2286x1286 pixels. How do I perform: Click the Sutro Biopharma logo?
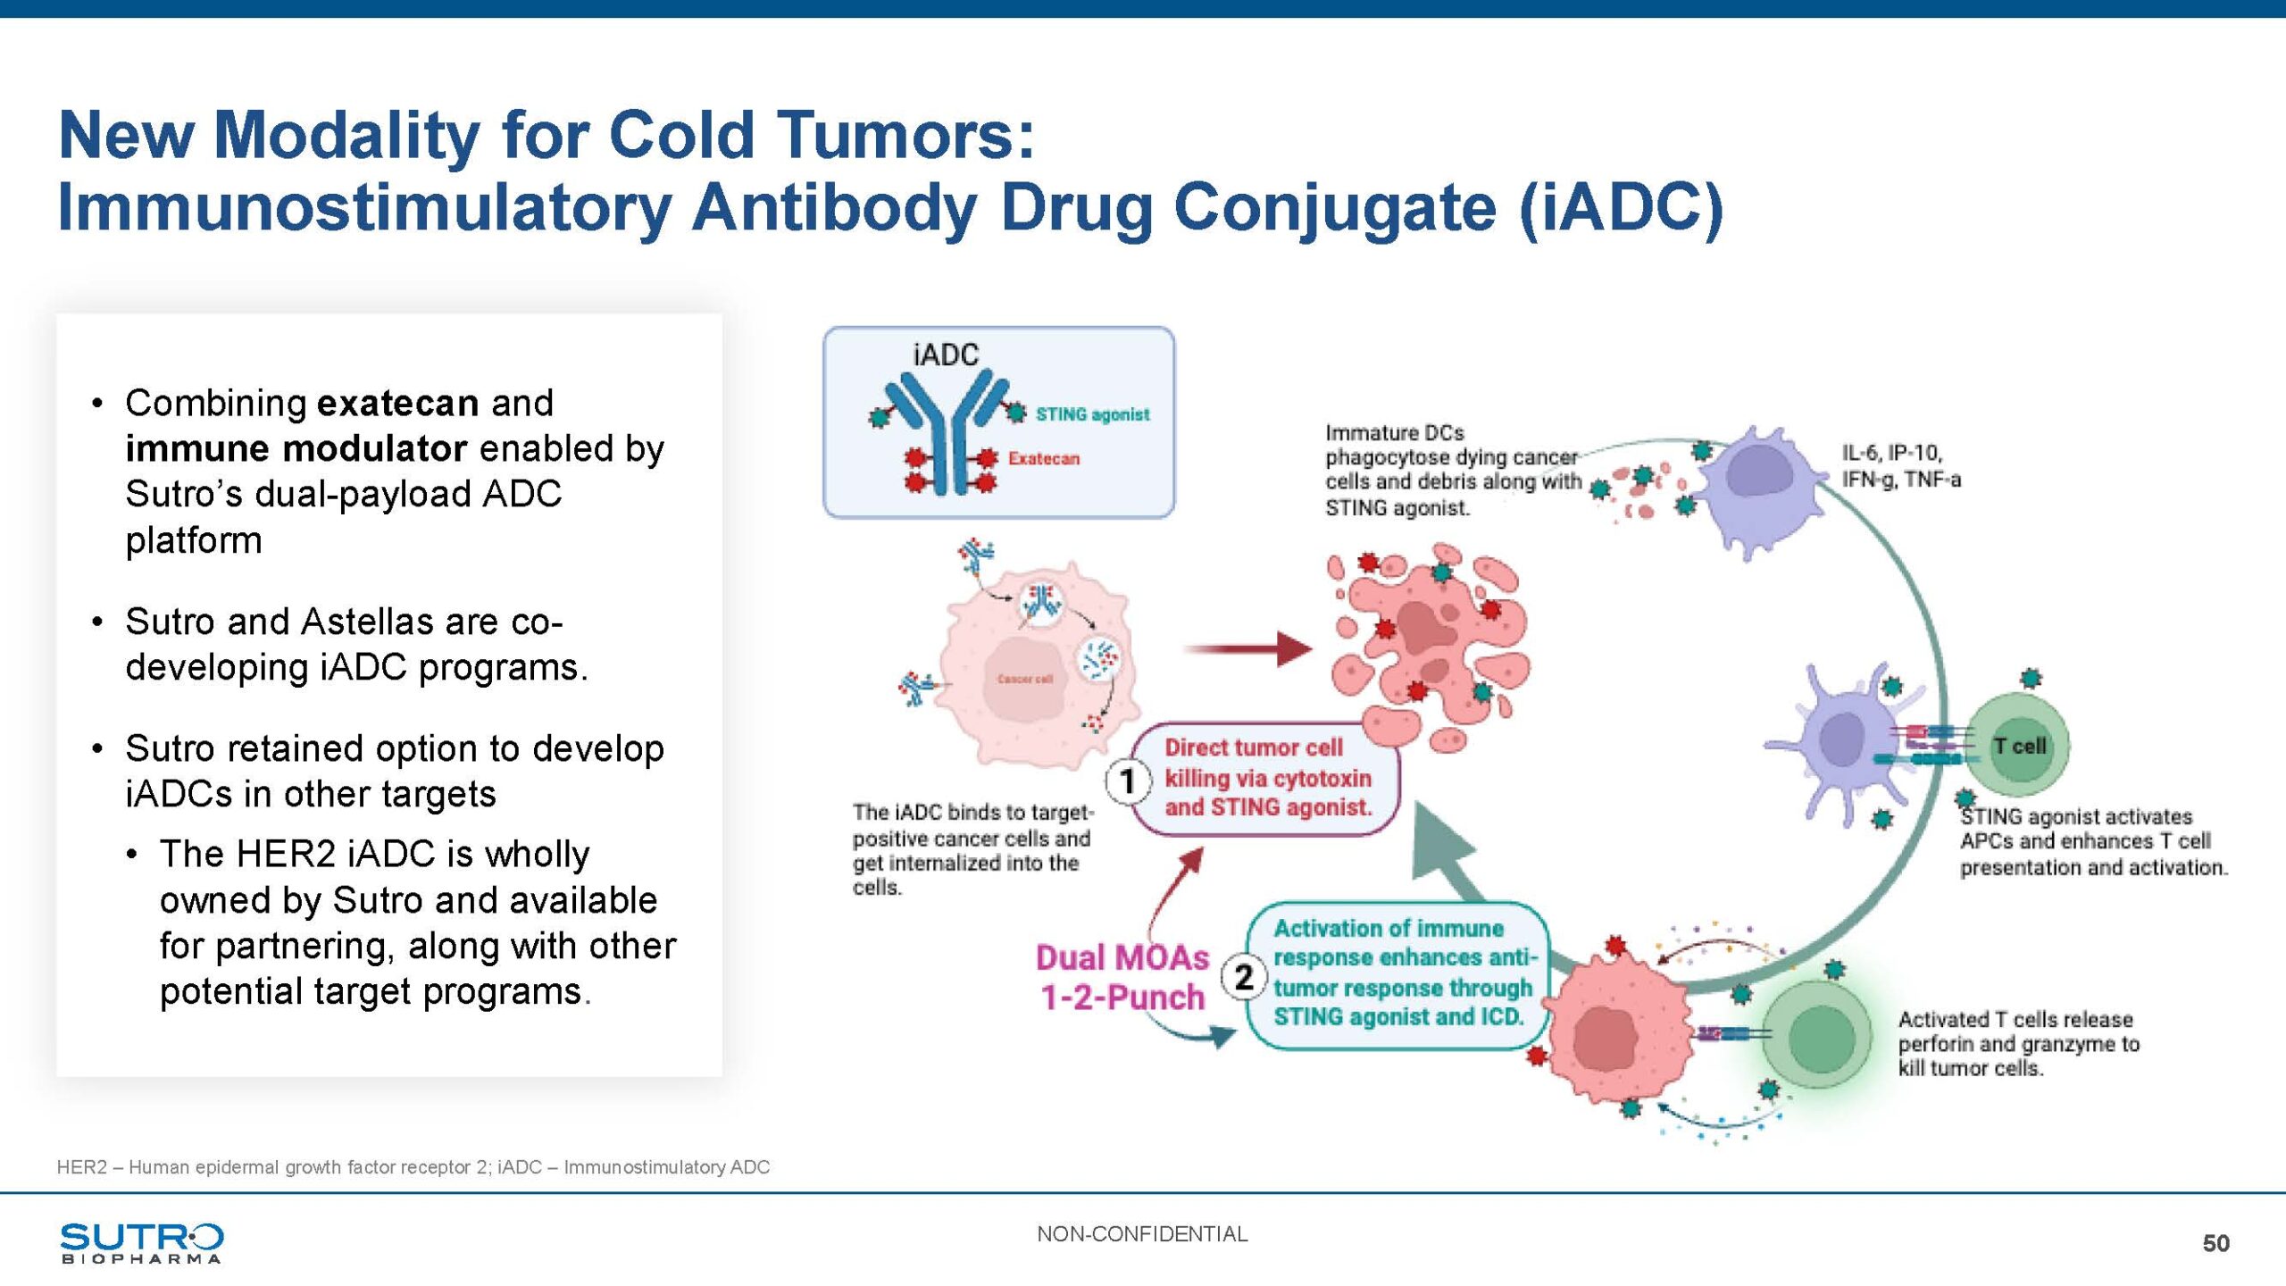(141, 1242)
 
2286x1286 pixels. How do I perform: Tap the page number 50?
(2215, 1243)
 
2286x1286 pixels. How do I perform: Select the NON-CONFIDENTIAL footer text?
(1142, 1234)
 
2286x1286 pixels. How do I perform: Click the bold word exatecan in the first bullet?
(398, 404)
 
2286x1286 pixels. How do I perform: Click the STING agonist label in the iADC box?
(1092, 414)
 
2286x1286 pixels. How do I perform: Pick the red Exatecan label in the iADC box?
(1044, 458)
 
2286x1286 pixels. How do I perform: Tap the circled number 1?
(1127, 781)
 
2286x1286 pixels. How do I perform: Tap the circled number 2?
(1244, 977)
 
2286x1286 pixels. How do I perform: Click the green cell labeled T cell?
(2018, 746)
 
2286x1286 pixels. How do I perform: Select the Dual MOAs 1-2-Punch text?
(1122, 977)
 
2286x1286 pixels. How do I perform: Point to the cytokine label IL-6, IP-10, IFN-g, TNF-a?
(1901, 466)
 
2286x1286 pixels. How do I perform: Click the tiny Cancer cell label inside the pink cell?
(1025, 680)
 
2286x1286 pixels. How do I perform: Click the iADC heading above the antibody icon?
(946, 355)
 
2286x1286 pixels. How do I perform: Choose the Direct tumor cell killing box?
(1267, 778)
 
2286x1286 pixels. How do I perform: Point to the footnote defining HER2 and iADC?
(413, 1167)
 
